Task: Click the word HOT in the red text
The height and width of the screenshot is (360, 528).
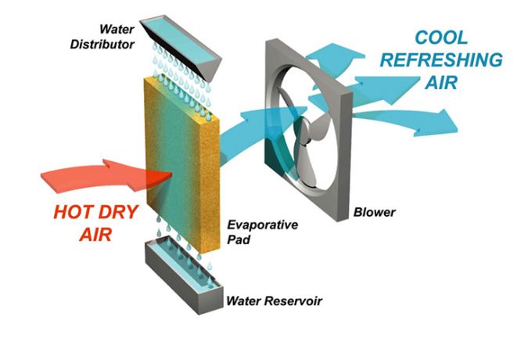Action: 73,212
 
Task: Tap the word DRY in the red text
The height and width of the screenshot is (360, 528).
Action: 117,212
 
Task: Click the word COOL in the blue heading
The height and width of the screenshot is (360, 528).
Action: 441,38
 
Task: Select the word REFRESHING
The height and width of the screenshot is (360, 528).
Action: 441,60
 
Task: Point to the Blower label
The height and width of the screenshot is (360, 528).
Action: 375,213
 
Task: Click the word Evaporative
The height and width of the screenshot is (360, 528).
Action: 263,225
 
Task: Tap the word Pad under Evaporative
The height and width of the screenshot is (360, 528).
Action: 239,239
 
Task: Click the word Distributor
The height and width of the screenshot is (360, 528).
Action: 102,44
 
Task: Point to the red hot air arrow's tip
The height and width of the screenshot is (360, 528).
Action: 172,174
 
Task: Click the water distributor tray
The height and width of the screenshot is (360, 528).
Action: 180,46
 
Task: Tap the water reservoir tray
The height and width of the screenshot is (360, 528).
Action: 184,276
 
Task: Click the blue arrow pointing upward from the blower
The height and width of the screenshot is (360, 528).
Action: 333,60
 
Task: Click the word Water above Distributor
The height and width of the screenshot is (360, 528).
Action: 117,29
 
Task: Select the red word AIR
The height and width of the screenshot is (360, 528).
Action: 96,234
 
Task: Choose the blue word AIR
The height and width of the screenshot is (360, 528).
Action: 441,82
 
